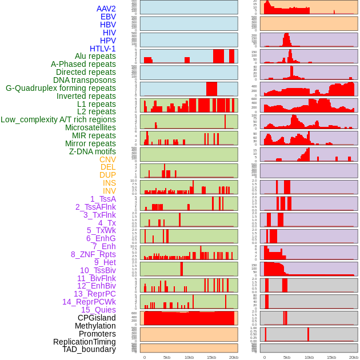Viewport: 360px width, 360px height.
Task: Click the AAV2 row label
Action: (x=106, y=9)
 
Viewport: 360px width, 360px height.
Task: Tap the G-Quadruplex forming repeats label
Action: (x=61, y=88)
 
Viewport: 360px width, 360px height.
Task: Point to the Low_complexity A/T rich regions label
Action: (x=58, y=119)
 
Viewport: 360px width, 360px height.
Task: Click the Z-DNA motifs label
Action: (x=92, y=151)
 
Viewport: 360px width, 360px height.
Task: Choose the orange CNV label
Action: (x=107, y=159)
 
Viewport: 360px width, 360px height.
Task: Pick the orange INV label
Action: (x=109, y=191)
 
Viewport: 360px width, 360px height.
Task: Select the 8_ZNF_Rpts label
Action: (x=93, y=254)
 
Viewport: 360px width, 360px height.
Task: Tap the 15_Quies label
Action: (x=98, y=310)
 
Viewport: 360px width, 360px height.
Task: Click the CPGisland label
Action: (x=97, y=318)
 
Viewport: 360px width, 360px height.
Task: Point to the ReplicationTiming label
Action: (x=84, y=342)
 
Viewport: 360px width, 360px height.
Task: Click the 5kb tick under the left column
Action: (x=167, y=357)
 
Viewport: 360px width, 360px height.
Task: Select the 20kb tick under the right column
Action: (x=354, y=357)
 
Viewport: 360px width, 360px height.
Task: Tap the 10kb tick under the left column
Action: (x=189, y=357)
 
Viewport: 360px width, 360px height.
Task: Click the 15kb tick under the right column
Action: (x=331, y=357)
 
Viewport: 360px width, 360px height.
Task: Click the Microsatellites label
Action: (x=90, y=127)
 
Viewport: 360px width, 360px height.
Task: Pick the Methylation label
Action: (x=92, y=326)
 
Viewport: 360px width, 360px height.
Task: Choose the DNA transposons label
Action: (x=85, y=80)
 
